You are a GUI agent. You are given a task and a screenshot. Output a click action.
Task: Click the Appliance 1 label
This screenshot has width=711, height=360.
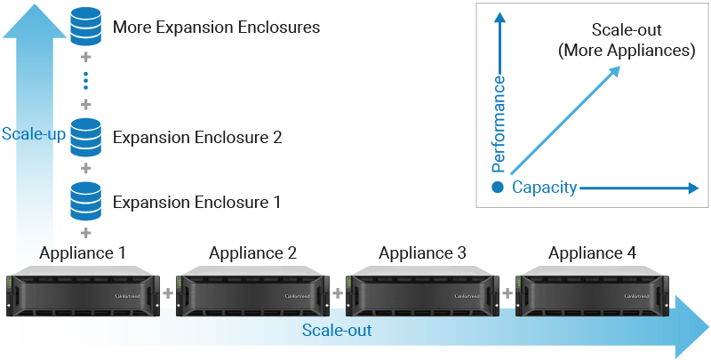tap(82, 253)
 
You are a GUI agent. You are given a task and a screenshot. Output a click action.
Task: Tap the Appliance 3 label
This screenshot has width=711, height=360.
tap(422, 253)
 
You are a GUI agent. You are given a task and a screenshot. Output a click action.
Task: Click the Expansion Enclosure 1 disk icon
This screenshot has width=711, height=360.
tap(86, 201)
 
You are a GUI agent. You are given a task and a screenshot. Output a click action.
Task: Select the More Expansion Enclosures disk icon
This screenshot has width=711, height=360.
tap(86, 27)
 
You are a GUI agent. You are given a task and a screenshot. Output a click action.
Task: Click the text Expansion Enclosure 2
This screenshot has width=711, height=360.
tap(197, 138)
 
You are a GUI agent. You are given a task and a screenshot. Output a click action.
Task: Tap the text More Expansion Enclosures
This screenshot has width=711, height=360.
tap(216, 28)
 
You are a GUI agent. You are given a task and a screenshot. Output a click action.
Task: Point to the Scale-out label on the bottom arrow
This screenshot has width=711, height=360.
tap(336, 331)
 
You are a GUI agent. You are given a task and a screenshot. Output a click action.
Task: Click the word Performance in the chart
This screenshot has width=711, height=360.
tap(499, 124)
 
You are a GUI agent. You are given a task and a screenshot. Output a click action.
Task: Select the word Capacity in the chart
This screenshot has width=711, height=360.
tap(545, 188)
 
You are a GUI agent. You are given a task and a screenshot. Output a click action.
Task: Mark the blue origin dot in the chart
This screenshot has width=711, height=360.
tap(498, 188)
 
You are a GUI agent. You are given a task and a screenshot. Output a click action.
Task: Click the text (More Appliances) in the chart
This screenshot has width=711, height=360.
tap(626, 51)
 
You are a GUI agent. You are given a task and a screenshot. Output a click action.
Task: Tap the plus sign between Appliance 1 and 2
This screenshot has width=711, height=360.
tap(167, 292)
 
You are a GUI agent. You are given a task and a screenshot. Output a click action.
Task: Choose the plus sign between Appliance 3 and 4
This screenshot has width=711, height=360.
tap(507, 292)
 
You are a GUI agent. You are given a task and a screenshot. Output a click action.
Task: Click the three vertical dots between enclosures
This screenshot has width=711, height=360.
tap(86, 82)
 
